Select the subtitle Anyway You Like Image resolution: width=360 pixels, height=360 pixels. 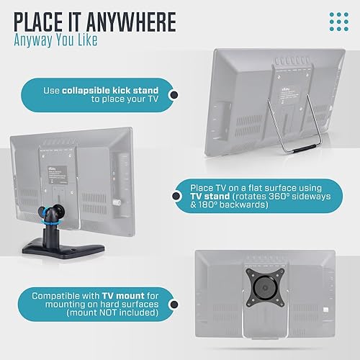point(57,42)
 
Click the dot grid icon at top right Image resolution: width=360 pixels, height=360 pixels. point(338,21)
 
